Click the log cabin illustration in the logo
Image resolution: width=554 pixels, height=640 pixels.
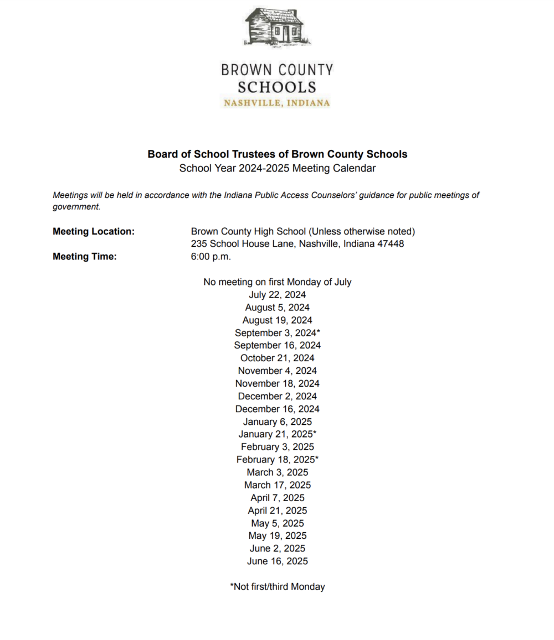pos(278,27)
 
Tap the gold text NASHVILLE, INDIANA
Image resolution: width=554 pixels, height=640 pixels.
pos(277,103)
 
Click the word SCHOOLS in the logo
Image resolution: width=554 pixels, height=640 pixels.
pos(277,87)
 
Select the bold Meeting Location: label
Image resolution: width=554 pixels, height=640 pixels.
pos(94,231)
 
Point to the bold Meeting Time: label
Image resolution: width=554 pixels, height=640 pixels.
pos(85,257)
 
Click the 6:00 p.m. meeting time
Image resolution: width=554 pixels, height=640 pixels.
pos(211,257)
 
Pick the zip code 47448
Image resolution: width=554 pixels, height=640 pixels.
pos(391,244)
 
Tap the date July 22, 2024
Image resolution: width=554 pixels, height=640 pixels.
pos(277,295)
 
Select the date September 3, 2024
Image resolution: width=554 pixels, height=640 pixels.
pos(275,333)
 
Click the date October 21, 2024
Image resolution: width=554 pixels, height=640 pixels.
pos(277,358)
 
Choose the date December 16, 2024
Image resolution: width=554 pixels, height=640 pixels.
pos(277,409)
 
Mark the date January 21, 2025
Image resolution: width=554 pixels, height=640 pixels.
pos(275,434)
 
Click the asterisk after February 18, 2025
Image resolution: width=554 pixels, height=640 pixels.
pos(316,459)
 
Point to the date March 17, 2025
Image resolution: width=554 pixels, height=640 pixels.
pos(277,485)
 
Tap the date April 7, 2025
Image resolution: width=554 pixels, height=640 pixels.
pos(277,498)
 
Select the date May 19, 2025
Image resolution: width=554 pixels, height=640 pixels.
pos(277,535)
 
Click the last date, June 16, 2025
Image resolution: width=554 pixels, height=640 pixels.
pos(277,561)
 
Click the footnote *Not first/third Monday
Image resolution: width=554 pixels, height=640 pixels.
pos(277,586)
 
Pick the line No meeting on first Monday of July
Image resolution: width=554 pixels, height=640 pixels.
pos(277,282)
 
